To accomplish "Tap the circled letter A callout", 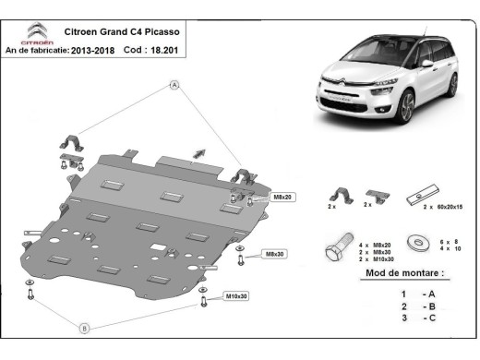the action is pos(173,85).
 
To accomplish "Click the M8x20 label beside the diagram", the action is pos(282,198).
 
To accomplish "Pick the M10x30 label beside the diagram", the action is pos(237,295).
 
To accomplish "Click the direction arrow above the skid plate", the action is pos(198,151).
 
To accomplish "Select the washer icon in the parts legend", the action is pos(423,242).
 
